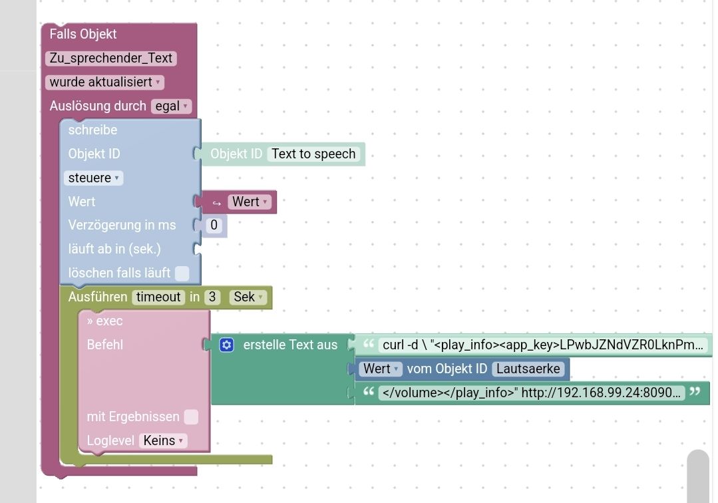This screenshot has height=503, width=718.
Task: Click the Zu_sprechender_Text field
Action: pyautogui.click(x=110, y=59)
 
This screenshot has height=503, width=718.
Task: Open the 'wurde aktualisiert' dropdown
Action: pyautogui.click(x=105, y=83)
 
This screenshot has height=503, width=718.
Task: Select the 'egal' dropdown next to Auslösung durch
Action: pyautogui.click(x=171, y=106)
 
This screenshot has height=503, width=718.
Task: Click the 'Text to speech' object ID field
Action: pyautogui.click(x=313, y=154)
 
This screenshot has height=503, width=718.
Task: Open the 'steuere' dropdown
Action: pyautogui.click(x=93, y=178)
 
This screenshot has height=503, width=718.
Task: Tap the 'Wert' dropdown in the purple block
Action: pyautogui.click(x=250, y=202)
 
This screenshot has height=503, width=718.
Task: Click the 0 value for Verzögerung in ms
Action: pyautogui.click(x=214, y=226)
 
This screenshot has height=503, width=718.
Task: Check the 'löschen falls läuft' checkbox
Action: pyautogui.click(x=182, y=273)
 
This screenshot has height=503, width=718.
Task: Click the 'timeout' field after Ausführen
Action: pyautogui.click(x=158, y=297)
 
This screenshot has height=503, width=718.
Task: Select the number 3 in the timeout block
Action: pyautogui.click(x=212, y=297)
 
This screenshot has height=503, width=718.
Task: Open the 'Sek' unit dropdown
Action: pyautogui.click(x=248, y=297)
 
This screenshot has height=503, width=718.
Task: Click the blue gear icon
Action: pyautogui.click(x=227, y=345)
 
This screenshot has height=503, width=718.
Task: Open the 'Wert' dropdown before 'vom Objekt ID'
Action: pyautogui.click(x=381, y=369)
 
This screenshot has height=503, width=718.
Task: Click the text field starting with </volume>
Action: pyautogui.click(x=531, y=393)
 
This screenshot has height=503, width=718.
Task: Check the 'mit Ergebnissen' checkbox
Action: pyautogui.click(x=191, y=417)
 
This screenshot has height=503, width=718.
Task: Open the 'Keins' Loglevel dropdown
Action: pyautogui.click(x=163, y=441)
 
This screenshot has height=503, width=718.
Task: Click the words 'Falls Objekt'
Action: pyautogui.click(x=83, y=34)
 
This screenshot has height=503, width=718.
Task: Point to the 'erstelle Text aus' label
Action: pyautogui.click(x=290, y=345)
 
